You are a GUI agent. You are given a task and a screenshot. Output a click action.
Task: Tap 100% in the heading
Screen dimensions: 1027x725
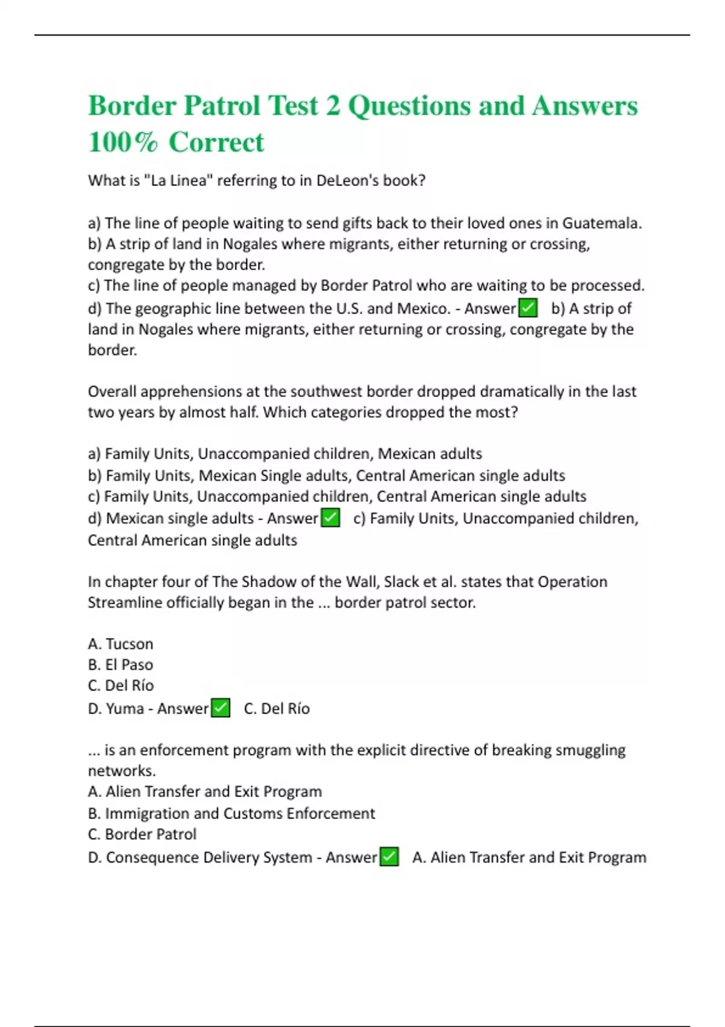123,143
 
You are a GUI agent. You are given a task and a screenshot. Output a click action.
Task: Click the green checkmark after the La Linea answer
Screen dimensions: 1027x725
528,309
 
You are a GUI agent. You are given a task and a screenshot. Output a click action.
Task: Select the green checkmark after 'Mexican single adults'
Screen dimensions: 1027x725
330,518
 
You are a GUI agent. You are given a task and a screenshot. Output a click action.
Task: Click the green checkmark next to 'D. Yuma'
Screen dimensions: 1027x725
221,708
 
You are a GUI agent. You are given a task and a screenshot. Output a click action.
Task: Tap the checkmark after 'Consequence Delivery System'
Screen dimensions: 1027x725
389,857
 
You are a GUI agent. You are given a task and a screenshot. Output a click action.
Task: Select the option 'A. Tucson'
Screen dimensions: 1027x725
120,644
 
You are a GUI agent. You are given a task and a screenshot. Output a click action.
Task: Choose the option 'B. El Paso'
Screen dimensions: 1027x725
120,665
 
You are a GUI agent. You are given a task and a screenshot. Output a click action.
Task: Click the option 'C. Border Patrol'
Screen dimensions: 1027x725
142,834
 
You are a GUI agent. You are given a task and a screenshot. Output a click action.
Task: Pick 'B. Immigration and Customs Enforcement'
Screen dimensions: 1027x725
231,814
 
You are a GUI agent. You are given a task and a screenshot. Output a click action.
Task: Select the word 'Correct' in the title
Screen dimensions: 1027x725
216,143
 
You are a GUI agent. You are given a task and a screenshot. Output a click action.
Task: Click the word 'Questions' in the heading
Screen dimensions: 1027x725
409,106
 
